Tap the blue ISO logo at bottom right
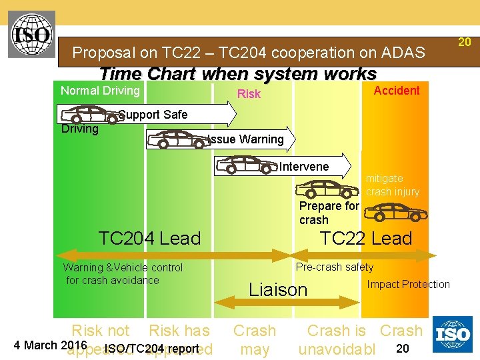(x=453, y=334)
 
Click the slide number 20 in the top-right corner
(x=465, y=42)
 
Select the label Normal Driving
(x=100, y=91)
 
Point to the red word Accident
(x=397, y=91)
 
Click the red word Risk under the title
(x=249, y=94)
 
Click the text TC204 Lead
(x=149, y=238)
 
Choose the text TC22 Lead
(x=366, y=238)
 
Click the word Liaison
(x=278, y=290)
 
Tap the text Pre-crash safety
(x=335, y=267)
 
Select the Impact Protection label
(x=408, y=284)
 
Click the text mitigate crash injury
(x=393, y=185)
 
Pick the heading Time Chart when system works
(x=238, y=73)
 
